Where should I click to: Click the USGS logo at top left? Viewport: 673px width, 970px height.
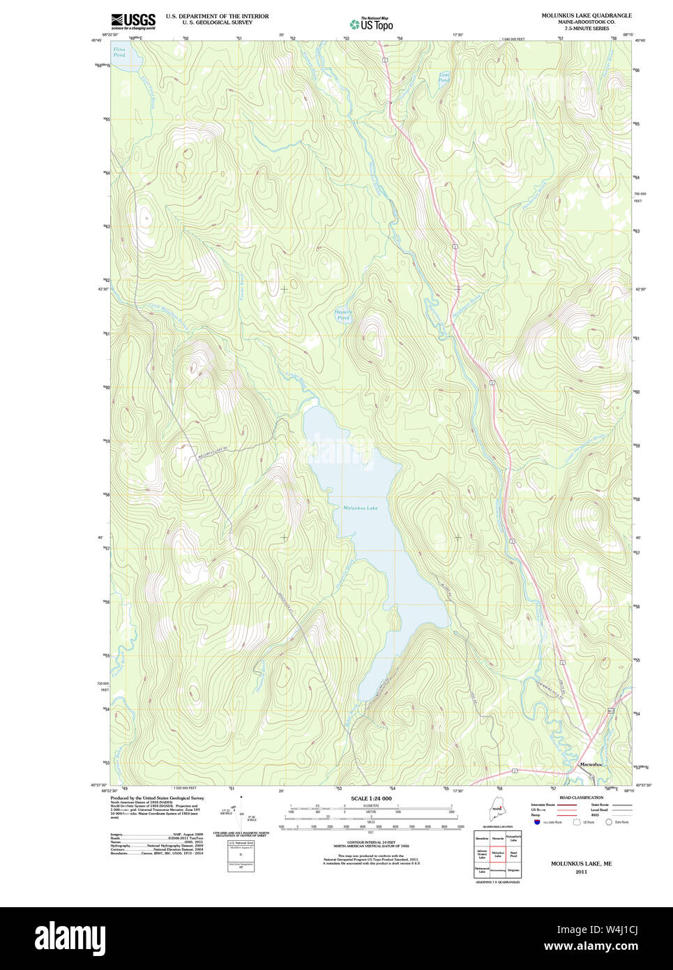coord(133,20)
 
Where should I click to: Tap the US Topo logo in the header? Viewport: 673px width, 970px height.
coord(372,24)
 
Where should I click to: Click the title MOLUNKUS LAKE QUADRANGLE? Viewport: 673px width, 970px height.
coord(587,15)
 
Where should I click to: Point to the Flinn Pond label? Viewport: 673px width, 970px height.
coord(119,52)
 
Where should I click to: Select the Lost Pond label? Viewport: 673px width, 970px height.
coord(444,77)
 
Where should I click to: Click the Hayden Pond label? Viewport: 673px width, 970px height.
coord(343,315)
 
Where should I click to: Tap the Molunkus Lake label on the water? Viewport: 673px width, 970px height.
coord(360,508)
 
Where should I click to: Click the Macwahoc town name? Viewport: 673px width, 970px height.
coord(591,765)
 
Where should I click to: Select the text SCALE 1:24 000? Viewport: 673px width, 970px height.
coord(371,798)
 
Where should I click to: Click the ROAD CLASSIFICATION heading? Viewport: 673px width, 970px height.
coord(581,798)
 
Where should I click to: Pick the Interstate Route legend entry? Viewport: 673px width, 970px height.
coord(543,805)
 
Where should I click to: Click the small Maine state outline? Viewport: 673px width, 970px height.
coord(497,810)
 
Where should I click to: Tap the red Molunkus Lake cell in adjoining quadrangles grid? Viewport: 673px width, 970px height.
coord(497,853)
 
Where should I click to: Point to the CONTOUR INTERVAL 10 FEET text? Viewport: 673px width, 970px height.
coord(371,842)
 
